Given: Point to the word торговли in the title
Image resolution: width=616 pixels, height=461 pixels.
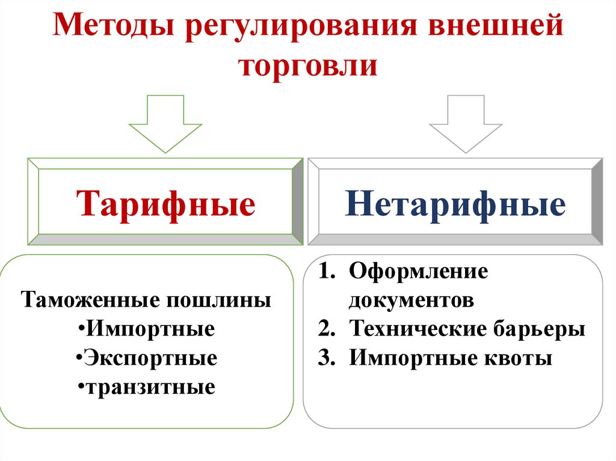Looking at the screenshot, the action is pyautogui.click(x=309, y=65).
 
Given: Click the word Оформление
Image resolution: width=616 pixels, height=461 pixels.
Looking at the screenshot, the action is pyautogui.click(x=418, y=271).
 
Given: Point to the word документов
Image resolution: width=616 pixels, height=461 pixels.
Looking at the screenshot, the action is pyautogui.click(x=411, y=300).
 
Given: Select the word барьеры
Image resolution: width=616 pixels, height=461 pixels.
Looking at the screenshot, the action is pyautogui.click(x=540, y=329).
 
